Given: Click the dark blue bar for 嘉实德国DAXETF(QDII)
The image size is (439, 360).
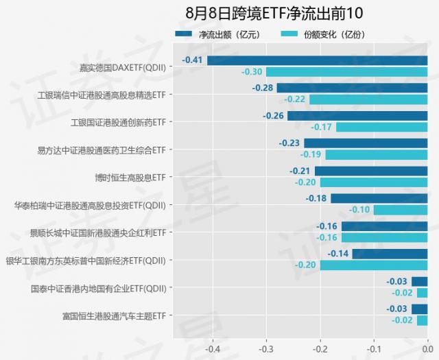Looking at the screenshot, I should (x=317, y=60).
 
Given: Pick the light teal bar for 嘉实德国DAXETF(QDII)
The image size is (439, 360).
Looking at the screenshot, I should (x=346, y=71).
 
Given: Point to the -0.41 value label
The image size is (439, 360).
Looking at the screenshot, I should (x=192, y=60).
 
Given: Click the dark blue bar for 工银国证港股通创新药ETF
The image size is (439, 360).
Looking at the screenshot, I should (x=357, y=116).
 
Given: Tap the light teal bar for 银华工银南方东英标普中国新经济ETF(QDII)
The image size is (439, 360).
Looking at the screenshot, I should (x=373, y=265).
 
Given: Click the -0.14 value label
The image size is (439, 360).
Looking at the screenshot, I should (x=338, y=254).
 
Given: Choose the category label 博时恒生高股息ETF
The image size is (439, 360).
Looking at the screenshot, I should (x=130, y=177).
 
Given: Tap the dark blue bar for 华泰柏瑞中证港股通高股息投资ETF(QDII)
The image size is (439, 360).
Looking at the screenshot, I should (x=379, y=199).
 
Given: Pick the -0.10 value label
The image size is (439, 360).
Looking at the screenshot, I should (x=359, y=210).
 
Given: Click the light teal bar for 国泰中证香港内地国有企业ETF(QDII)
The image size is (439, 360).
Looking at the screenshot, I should (x=422, y=293).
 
